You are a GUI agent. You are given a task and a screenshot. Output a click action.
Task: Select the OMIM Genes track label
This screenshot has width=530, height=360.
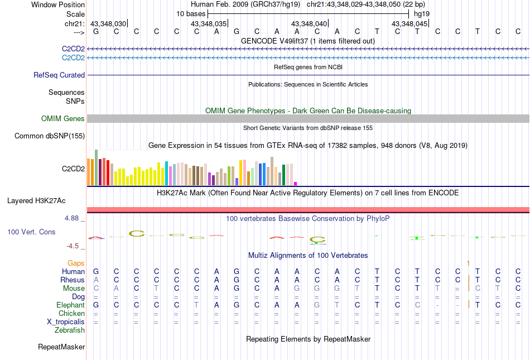[63, 118]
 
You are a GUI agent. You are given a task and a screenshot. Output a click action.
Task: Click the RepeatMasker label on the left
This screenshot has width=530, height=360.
[61, 347]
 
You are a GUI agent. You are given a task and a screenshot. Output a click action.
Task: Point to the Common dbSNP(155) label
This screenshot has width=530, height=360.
[50, 136]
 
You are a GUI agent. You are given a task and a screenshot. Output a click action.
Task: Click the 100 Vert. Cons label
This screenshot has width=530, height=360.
[31, 231]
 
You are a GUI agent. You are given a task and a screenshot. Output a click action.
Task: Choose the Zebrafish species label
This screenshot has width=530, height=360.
[70, 330]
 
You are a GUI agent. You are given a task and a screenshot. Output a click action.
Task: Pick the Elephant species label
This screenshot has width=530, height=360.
[70, 305]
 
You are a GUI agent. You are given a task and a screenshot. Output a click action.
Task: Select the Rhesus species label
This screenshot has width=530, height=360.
[73, 280]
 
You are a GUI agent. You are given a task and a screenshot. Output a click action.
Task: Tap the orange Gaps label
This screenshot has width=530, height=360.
[76, 263]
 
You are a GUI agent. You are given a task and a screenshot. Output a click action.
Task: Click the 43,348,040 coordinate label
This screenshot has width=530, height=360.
[309, 24]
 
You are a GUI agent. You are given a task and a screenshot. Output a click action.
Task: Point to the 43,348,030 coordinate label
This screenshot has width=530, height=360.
[108, 24]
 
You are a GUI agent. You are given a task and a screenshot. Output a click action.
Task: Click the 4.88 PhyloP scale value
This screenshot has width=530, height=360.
[73, 218]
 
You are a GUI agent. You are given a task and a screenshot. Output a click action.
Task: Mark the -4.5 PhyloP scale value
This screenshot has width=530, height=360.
[73, 246]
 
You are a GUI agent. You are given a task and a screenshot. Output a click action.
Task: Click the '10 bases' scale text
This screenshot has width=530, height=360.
[191, 13]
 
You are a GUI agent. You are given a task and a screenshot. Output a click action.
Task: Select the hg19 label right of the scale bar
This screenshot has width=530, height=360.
[422, 13]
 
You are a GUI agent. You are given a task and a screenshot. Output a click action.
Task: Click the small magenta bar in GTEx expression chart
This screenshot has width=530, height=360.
[296, 183]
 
